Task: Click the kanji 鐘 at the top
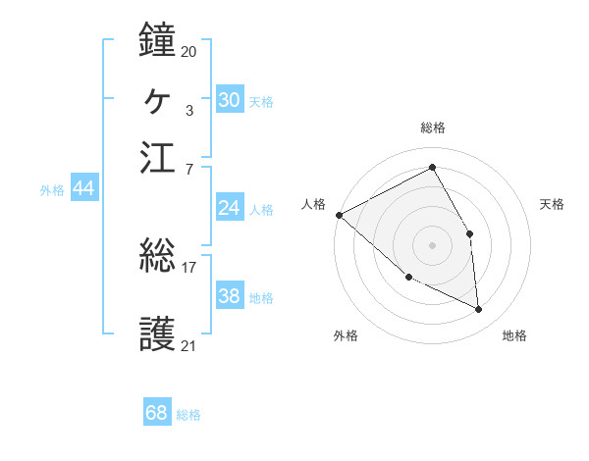[x=157, y=40]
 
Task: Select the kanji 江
[x=157, y=157]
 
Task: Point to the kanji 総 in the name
[x=157, y=257]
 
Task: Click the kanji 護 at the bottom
[x=157, y=333]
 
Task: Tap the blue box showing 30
[x=229, y=100]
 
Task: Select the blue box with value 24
[x=229, y=208]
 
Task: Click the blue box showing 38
[x=229, y=296]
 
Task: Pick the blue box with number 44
[x=83, y=188]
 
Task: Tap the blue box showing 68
[x=157, y=413]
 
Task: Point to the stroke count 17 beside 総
[x=188, y=267]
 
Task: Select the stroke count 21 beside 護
[x=188, y=344]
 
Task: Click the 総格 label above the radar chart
[x=433, y=128]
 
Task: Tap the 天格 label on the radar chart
[x=553, y=204]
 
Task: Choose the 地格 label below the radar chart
[x=514, y=336]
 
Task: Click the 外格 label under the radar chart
[x=346, y=336]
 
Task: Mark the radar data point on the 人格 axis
[x=339, y=215]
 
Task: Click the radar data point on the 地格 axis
[x=479, y=310]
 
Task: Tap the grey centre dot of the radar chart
[x=432, y=244]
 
